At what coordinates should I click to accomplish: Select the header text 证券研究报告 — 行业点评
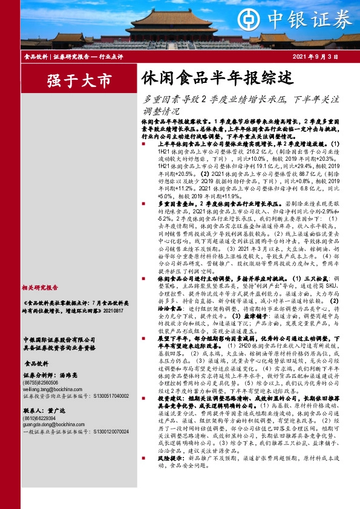88,56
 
